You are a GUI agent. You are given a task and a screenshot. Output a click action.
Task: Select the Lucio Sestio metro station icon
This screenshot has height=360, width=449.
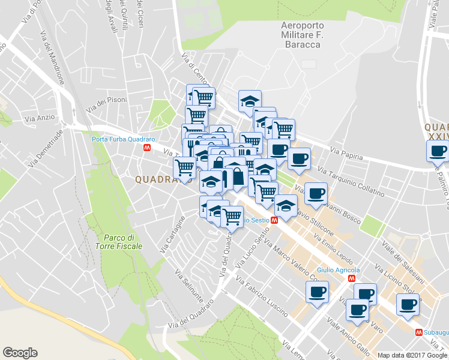(274, 221)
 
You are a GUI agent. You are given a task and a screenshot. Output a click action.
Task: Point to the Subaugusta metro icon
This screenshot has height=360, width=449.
(418, 332)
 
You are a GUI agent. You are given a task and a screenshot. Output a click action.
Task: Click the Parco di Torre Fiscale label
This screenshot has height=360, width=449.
(119, 242)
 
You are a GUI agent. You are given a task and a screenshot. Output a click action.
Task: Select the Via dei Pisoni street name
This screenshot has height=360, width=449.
(107, 105)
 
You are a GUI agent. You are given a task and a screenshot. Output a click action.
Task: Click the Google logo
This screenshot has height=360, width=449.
(20, 353)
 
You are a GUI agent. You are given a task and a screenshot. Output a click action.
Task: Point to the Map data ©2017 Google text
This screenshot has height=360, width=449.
(412, 355)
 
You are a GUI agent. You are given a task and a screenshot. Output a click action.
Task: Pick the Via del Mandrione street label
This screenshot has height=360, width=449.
(52, 57)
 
